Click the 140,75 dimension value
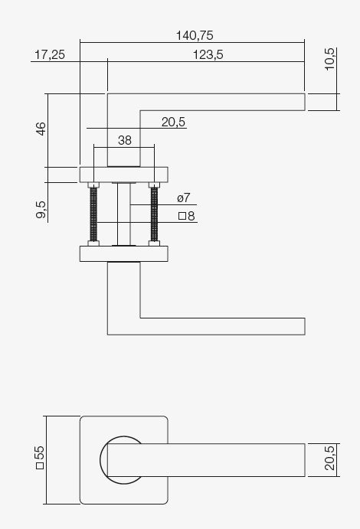[194, 35]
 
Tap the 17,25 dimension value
[49, 54]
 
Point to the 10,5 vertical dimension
[330, 59]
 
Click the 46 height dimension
[41, 129]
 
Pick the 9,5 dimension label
[41, 209]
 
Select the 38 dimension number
[125, 140]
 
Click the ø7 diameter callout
[183, 198]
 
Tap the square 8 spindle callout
[186, 217]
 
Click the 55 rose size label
[41, 459]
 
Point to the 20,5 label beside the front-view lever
[330, 459]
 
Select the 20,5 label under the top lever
[174, 122]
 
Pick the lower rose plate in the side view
[123, 253]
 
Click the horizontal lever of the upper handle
[222, 102]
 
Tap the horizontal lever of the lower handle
[222, 325]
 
